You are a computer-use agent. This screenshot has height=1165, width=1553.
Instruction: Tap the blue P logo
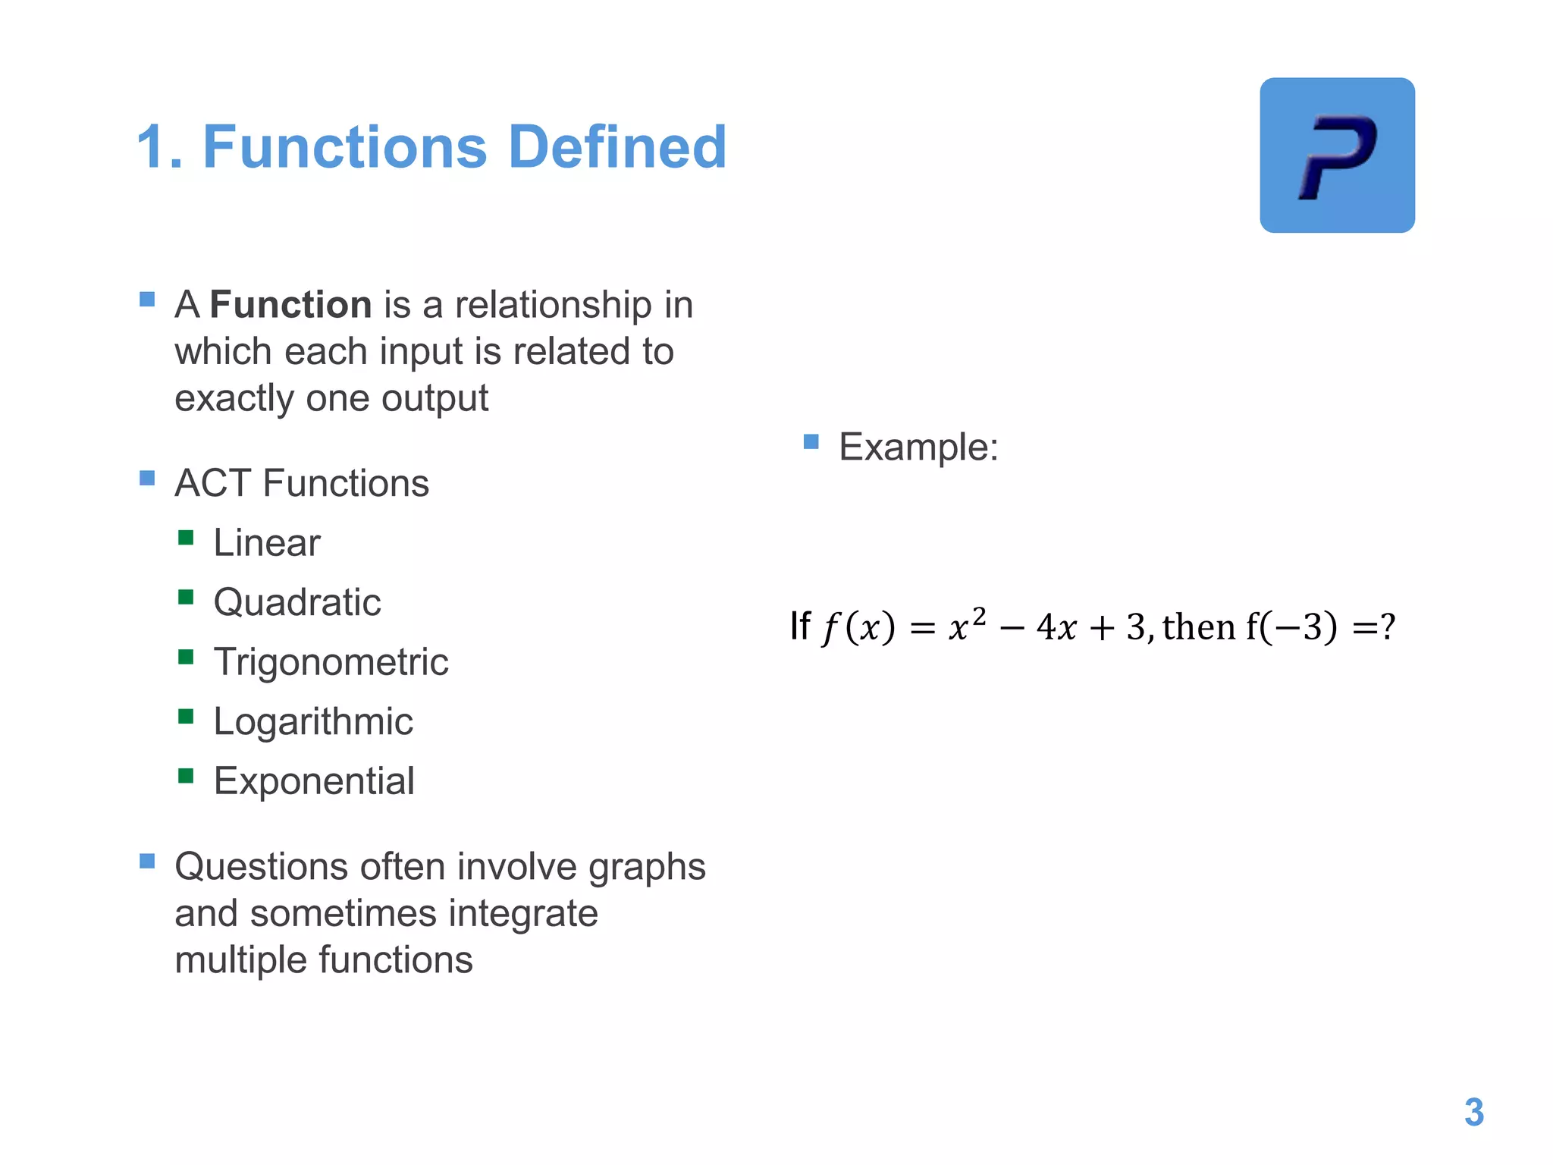[1337, 155]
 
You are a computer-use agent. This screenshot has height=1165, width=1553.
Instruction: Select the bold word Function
[290, 305]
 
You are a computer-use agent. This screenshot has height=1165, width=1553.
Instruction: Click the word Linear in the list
[267, 543]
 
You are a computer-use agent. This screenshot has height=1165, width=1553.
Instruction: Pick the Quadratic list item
[297, 603]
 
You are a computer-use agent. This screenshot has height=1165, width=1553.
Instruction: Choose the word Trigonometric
[331, 662]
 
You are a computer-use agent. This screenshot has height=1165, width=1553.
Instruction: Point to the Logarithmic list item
[313, 721]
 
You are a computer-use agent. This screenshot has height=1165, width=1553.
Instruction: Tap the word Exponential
[314, 781]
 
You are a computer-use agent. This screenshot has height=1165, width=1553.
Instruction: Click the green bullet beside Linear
[186, 539]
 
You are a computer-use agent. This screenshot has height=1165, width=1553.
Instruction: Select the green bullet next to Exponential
[186, 776]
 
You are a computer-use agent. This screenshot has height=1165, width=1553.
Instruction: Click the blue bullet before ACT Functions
[147, 478]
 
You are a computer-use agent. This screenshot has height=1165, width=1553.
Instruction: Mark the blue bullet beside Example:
[811, 441]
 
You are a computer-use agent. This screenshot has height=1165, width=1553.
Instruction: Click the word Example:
[918, 447]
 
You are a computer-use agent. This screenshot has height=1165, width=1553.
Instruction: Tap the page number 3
[1473, 1113]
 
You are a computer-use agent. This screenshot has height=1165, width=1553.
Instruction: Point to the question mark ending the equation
[1388, 626]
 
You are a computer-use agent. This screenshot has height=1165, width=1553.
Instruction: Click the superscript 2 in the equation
[979, 615]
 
